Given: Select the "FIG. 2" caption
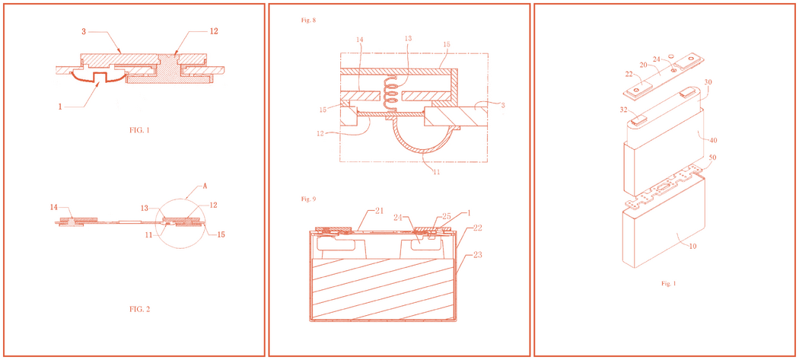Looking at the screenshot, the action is [x=139, y=309].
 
